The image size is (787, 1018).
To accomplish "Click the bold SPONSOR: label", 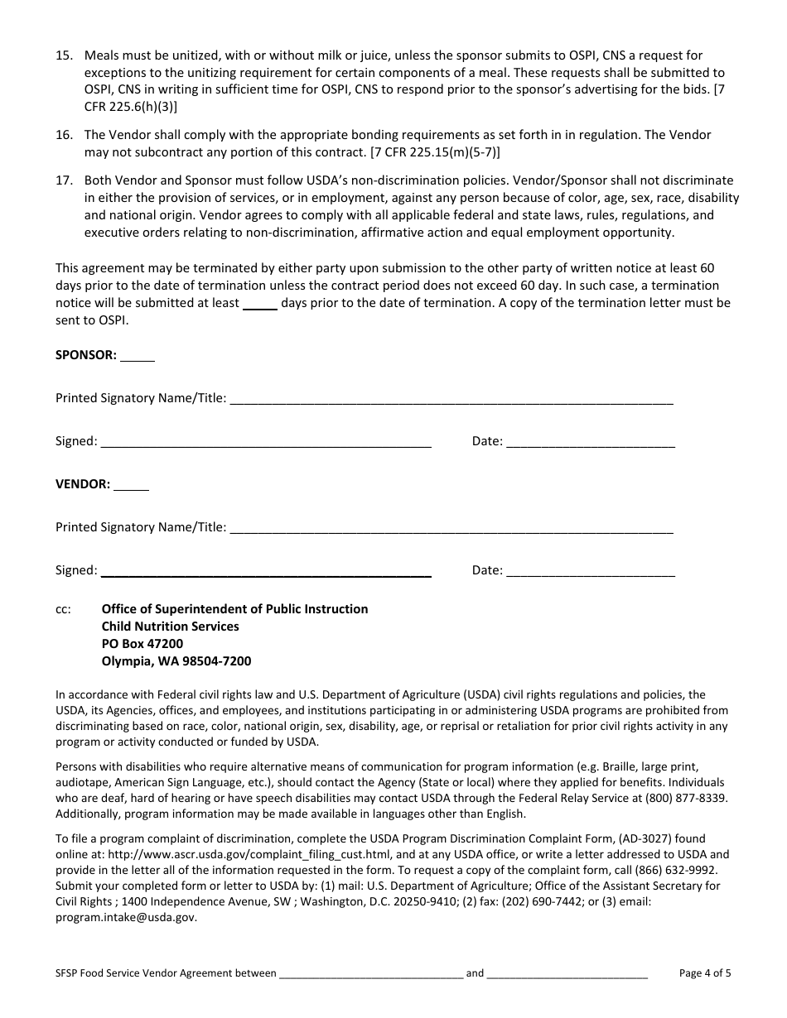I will click(86, 355).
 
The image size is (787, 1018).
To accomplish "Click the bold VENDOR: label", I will click(83, 484).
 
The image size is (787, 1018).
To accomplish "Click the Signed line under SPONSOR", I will click(265, 442).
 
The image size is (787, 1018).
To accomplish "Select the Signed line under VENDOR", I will click(265, 571).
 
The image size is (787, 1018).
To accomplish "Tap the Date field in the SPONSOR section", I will click(590, 442).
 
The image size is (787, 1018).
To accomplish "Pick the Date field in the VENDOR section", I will click(590, 571).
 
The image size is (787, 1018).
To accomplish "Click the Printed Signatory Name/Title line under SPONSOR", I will click(451, 399).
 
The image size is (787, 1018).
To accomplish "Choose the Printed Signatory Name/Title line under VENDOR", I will click(451, 528).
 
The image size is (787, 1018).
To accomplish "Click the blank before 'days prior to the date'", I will click(260, 304).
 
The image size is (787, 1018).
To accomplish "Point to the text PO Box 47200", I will click(142, 644).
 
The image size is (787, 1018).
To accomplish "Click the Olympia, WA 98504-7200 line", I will click(176, 661).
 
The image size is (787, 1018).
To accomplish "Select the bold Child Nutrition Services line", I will click(170, 627).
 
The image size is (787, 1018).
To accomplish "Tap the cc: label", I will click(64, 609).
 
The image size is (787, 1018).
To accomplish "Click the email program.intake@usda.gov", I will click(127, 917).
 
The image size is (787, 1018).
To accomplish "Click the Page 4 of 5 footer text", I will click(705, 973).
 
